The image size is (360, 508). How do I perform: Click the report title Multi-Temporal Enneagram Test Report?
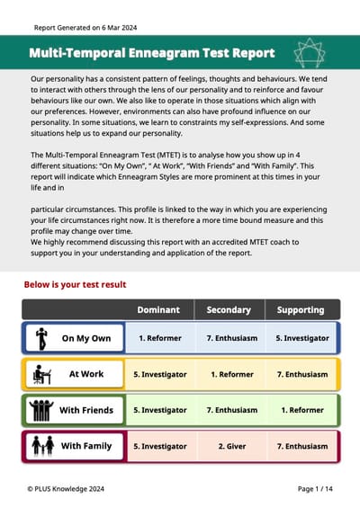151,53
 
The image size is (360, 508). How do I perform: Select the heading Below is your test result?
75,285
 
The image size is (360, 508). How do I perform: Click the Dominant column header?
157,310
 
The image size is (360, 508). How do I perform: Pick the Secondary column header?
229,310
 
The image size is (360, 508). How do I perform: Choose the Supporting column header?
301,310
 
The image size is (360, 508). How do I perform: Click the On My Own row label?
86,339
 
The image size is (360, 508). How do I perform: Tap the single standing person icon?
40,339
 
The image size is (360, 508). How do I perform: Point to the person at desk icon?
41,374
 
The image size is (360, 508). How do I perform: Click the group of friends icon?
40,410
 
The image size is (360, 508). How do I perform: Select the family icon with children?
40,446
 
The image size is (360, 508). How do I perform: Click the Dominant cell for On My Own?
159,339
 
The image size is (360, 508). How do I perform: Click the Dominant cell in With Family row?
159,446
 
